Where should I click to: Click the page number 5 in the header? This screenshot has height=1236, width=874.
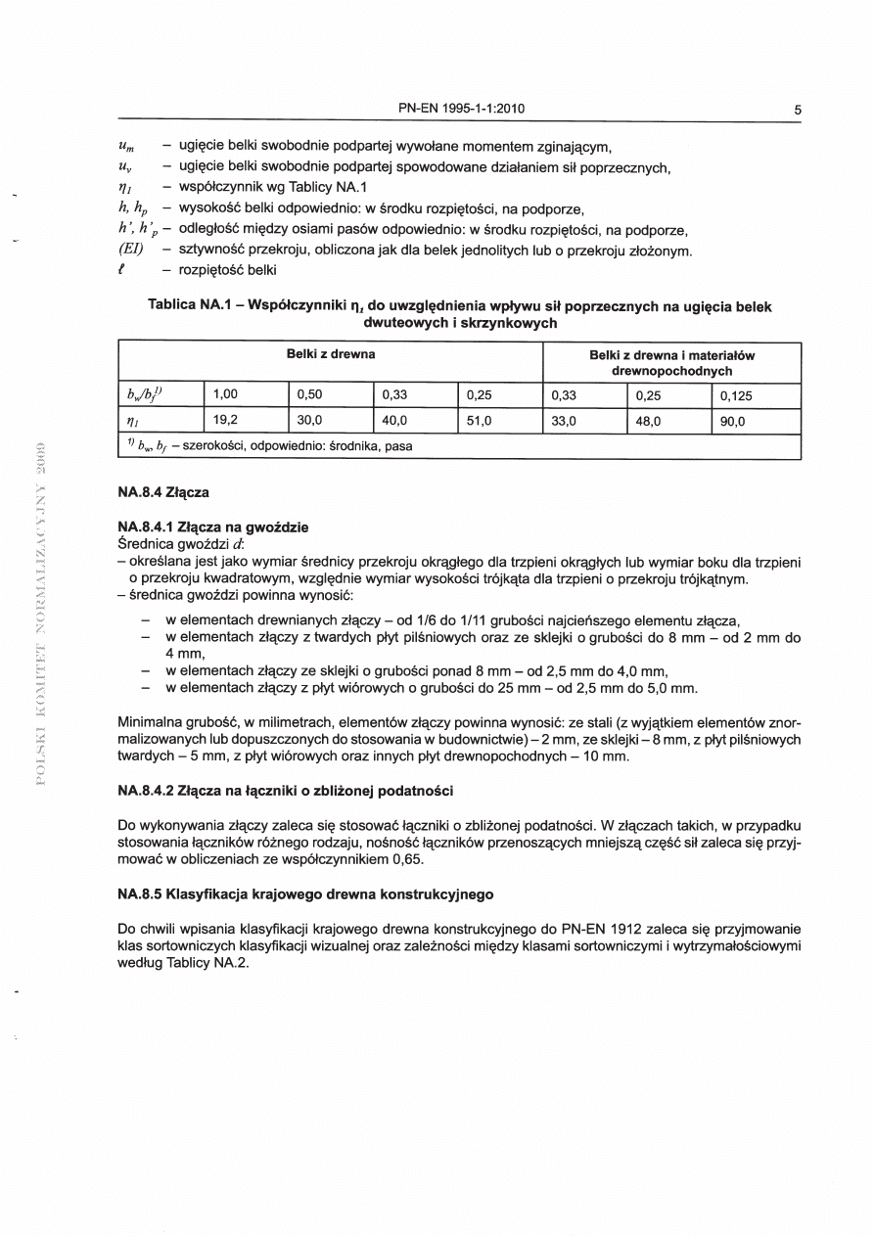798,110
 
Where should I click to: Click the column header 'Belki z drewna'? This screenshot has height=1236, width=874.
331,353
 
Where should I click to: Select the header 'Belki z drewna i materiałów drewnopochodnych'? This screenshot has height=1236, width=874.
671,363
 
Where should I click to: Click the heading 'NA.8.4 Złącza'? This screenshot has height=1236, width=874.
162,492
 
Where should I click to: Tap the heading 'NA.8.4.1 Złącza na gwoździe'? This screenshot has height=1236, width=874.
212,526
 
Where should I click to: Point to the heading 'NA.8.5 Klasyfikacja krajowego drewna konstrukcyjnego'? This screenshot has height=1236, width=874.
305,893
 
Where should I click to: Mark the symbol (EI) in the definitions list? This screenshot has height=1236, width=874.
131,252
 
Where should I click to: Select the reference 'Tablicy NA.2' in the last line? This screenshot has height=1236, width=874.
209,963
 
